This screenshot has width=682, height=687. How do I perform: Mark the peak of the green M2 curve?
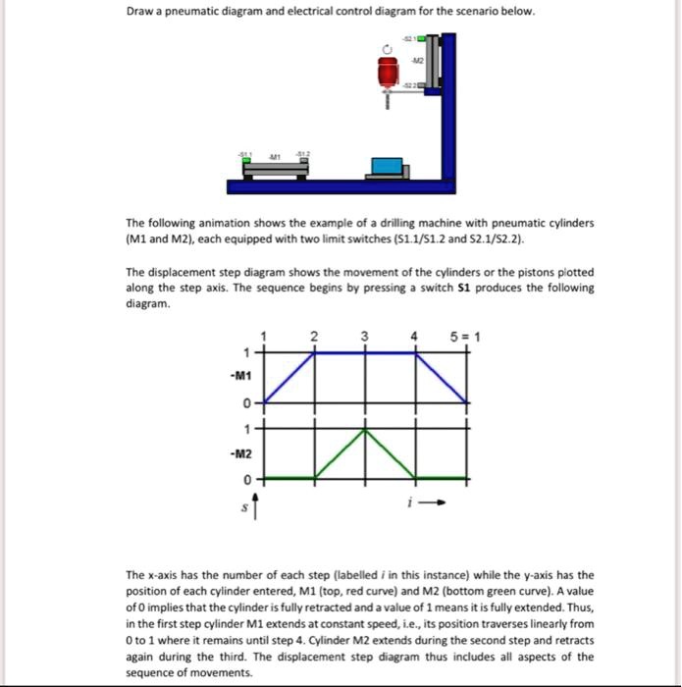(364, 428)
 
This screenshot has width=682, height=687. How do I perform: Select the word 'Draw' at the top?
(141, 12)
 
